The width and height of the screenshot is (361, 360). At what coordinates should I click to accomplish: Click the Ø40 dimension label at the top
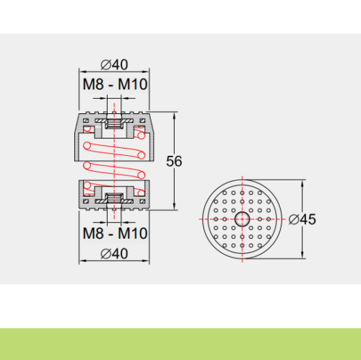114,65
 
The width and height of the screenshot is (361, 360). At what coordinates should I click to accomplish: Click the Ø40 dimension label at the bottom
114,254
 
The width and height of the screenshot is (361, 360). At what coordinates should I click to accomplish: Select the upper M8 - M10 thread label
115,84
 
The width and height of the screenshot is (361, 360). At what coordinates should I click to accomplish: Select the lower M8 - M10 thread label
115,233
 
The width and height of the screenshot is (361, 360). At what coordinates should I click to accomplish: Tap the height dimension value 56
174,161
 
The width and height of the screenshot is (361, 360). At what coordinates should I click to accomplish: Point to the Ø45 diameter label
303,219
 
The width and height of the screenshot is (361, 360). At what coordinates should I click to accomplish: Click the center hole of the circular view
242,219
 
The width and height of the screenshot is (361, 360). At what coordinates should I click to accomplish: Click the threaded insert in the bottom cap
114,198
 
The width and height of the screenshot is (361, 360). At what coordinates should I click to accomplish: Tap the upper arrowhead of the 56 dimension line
174,115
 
